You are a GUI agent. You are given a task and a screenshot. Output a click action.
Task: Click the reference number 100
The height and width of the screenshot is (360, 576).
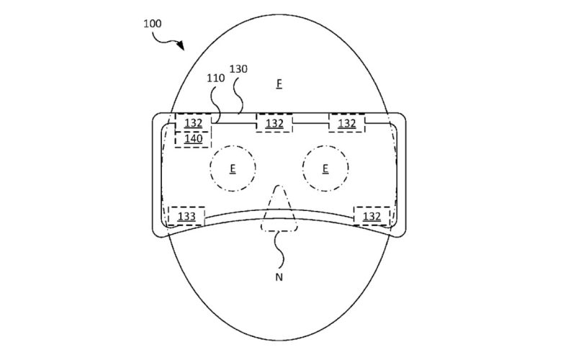click(153, 24)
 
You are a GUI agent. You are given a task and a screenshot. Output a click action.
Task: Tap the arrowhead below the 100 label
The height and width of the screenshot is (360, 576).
click(181, 45)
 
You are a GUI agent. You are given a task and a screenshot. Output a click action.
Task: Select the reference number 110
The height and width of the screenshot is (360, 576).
click(215, 78)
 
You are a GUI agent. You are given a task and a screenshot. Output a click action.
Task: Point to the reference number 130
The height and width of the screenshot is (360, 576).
click(238, 69)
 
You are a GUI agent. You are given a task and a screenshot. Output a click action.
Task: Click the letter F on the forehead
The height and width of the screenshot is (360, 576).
click(279, 84)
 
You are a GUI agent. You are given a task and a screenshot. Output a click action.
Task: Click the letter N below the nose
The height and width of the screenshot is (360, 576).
click(279, 277)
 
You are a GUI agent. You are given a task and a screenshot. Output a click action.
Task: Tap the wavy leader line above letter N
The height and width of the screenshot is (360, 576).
click(280, 251)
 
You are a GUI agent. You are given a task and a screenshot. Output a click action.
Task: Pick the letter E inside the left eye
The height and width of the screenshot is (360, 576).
click(233, 168)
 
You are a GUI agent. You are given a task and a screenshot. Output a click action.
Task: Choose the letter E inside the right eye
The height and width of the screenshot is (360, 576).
click(325, 168)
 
